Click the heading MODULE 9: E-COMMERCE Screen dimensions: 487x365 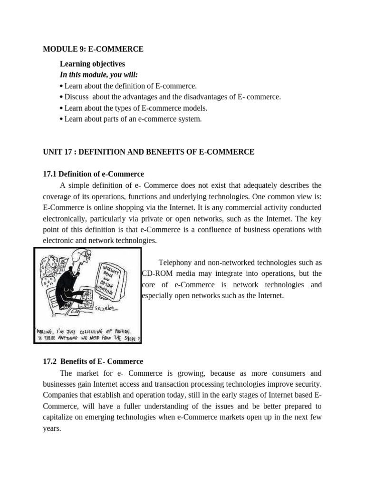pos(93,49)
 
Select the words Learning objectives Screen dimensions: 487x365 pos(92,64)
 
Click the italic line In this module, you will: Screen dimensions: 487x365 pos(99,75)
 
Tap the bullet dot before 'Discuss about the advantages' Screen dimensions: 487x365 pos(62,97)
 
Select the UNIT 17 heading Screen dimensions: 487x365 pos(148,152)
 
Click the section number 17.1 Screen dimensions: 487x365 pos(50,174)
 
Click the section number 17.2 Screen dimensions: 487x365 pos(50,361)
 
